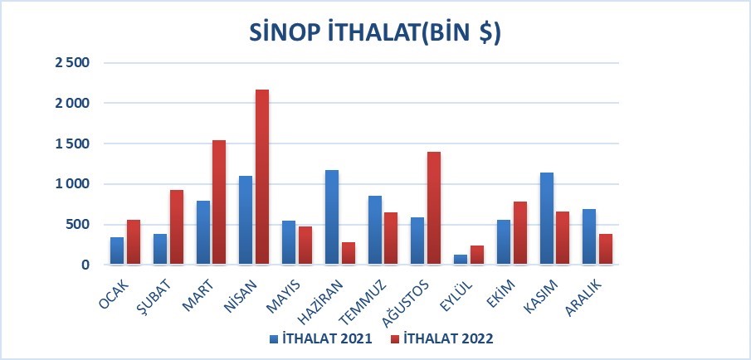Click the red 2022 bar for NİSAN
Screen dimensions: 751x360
tap(262, 177)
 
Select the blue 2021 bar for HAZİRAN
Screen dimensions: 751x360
tap(331, 217)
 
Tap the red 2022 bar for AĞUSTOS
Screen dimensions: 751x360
tap(434, 208)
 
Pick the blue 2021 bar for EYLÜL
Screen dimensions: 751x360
tap(461, 260)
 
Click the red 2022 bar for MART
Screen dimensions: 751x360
tap(219, 202)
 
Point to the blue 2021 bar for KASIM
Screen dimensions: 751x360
tap(547, 218)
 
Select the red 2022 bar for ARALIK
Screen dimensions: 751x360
tap(606, 249)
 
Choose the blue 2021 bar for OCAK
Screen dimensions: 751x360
tap(117, 251)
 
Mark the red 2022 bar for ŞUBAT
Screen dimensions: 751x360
tap(176, 227)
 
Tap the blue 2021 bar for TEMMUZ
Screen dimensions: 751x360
tap(374, 231)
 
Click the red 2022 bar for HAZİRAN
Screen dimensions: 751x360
tap(349, 253)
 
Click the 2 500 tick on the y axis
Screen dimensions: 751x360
tap(72, 63)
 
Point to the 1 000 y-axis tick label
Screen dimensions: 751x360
tap(72, 184)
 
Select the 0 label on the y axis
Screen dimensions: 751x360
tap(85, 265)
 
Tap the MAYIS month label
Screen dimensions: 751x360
tap(284, 296)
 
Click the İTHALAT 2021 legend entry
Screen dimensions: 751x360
tap(321, 338)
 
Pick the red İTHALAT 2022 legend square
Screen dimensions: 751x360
tap(395, 339)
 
